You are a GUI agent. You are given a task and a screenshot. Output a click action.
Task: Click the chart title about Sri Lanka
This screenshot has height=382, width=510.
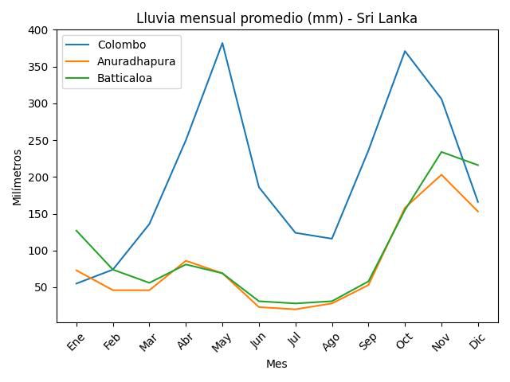coord(277,18)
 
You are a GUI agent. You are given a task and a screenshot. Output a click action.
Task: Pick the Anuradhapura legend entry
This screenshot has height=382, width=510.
coord(142,61)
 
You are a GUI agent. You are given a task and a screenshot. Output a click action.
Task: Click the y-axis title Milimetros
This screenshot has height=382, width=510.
coord(18,177)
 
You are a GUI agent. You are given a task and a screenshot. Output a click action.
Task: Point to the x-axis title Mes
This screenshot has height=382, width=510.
coord(277,364)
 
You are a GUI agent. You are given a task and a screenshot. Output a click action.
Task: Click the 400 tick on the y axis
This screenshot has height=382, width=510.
coord(38,30)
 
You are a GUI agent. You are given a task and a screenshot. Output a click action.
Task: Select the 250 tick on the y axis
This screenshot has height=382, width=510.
coord(38,141)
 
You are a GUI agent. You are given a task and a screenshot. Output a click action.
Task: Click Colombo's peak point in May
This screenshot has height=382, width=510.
coord(222,43)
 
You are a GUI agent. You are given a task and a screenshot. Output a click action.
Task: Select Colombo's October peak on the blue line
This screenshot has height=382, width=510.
coord(405,51)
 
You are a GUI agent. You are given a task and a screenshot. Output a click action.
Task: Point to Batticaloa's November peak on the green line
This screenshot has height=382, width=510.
coord(441,152)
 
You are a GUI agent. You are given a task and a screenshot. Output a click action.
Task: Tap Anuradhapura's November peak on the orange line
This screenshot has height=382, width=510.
coord(441,174)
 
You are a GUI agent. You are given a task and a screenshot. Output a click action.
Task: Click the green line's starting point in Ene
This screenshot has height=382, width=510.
coord(76,231)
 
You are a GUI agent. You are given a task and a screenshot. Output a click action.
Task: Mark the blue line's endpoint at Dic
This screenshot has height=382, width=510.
coord(478,202)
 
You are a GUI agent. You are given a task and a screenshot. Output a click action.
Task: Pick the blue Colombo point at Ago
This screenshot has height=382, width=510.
coord(331,239)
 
